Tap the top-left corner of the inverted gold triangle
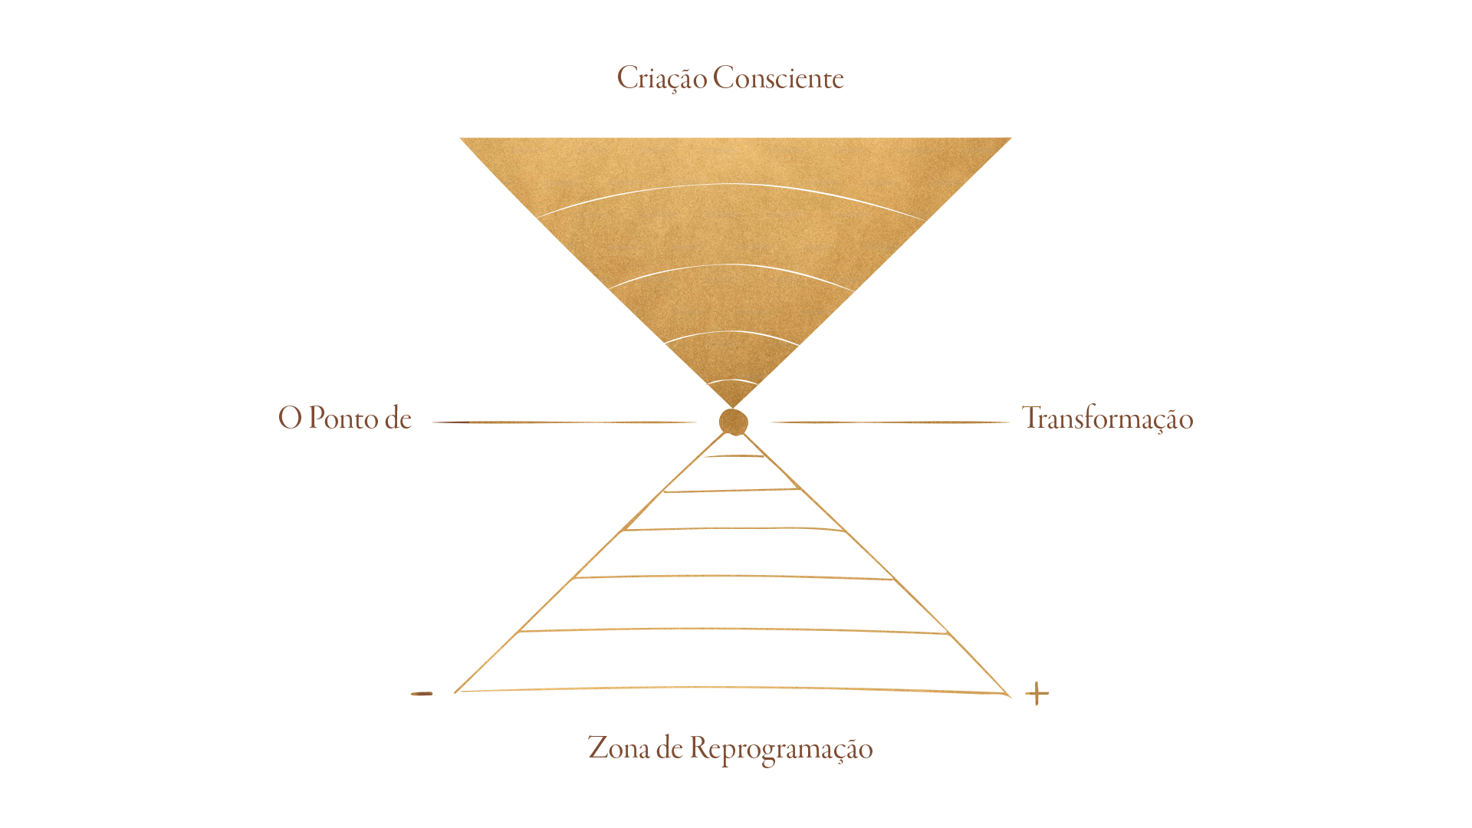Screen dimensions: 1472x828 point(462,140)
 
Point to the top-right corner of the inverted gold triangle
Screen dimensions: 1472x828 point(1009,142)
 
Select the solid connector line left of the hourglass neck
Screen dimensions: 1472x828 point(590,422)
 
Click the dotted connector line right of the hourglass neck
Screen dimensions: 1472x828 point(905,421)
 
